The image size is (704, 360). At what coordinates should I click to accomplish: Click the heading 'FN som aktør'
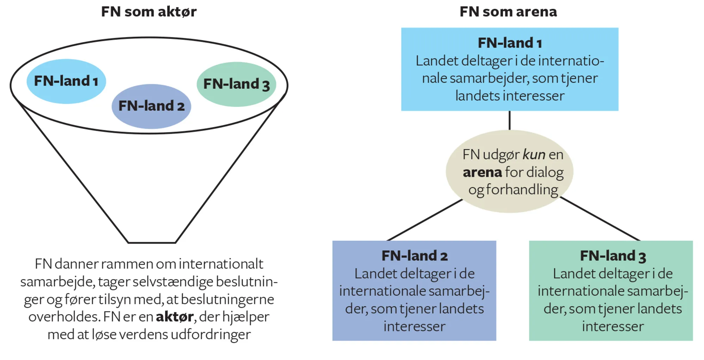coord(149,12)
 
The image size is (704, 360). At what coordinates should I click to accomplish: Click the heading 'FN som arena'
coord(508,12)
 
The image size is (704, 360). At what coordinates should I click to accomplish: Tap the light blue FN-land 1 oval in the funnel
coord(66,81)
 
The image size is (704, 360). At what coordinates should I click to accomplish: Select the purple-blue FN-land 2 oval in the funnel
coord(151,106)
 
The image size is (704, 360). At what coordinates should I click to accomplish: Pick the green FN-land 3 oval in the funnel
coord(237,84)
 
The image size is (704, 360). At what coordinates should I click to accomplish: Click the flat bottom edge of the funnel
coord(152,242)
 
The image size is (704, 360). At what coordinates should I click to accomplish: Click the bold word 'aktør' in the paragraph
coord(175,317)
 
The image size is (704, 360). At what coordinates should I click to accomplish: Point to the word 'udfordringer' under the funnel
coord(210,334)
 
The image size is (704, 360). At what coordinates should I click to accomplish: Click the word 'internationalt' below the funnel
coord(221,264)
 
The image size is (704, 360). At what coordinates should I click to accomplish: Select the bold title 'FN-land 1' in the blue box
coord(509,43)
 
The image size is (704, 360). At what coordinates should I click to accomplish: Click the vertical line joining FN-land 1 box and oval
coord(509,120)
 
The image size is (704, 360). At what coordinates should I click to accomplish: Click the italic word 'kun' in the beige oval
coord(534,154)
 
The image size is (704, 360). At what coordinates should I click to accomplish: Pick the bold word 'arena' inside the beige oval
coord(482,172)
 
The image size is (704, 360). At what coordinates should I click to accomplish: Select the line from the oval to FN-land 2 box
coord(425,220)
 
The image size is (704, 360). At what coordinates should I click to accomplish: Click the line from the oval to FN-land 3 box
coord(600,219)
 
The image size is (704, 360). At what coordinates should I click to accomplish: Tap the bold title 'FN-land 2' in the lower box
coord(414,256)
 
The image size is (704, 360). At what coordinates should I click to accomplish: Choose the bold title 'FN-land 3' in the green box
coord(612,256)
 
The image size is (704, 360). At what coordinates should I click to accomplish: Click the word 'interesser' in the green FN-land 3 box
coord(612,327)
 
